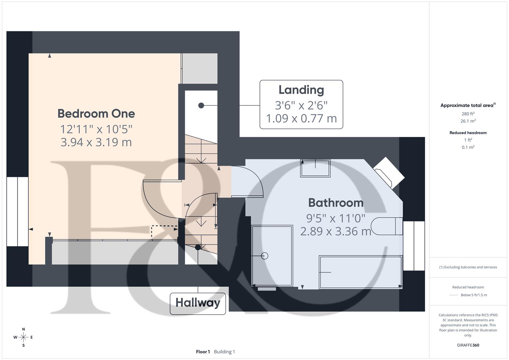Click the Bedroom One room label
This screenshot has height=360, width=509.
tap(96, 114)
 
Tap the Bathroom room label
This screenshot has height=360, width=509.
tap(335, 203)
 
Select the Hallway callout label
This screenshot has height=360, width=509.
tap(198, 303)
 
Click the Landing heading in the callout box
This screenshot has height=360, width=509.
tap(301, 90)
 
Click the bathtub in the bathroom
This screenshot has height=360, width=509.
tap(360, 272)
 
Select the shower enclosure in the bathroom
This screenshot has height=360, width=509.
tap(272, 256)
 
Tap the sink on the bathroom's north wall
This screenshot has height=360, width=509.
tap(315, 168)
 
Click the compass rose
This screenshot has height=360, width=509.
tap(23, 337)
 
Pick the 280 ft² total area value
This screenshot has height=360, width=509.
tap(468, 114)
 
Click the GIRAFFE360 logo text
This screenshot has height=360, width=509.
tap(468, 345)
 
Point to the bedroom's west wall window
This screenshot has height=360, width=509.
tap(17, 211)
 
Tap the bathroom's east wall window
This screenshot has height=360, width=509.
tap(414, 246)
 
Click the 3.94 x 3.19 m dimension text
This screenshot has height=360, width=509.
tap(96, 142)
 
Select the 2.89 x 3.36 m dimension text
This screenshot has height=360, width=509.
tap(335, 231)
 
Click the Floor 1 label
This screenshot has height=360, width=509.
tap(203, 352)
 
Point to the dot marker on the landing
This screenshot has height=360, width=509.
tap(201, 105)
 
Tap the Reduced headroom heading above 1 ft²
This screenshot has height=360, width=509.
tap(468, 133)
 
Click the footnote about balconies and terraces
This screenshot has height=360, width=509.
tap(468, 267)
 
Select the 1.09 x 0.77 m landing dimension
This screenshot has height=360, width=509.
tap(301, 118)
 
